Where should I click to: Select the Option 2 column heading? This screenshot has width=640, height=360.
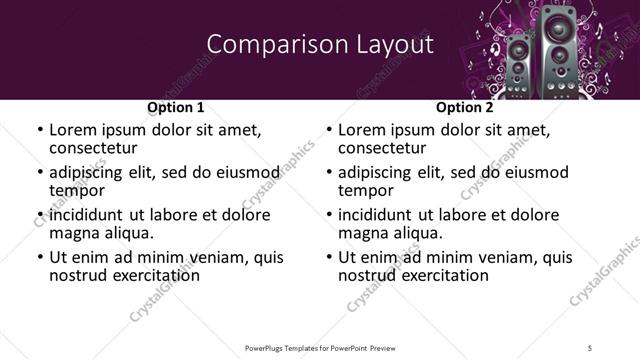coord(464,107)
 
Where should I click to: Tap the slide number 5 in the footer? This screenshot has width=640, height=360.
coord(590,347)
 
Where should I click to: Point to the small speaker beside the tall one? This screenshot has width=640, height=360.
coord(518,63)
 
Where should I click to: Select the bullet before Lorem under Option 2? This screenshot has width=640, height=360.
coord(329,130)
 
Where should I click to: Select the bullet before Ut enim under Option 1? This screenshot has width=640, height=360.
coord(40,257)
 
